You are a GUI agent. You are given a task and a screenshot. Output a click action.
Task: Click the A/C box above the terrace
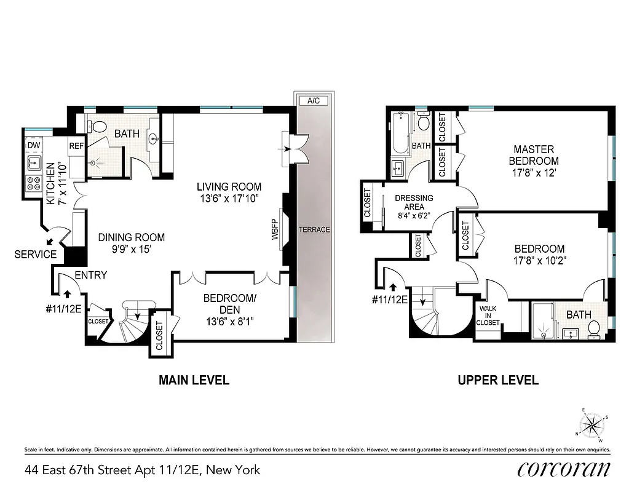click(313, 100)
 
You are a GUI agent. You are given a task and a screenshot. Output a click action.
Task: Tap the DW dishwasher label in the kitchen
click(34, 146)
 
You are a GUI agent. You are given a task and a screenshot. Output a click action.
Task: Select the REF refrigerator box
click(76, 146)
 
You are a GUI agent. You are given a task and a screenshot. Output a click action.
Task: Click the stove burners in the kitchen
click(33, 183)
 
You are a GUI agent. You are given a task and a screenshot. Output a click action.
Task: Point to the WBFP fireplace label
click(275, 229)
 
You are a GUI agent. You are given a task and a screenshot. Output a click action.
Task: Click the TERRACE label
click(314, 229)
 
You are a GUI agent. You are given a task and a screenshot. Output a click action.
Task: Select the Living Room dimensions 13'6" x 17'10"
click(229, 198)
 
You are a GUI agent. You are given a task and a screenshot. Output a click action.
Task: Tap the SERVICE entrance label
click(35, 254)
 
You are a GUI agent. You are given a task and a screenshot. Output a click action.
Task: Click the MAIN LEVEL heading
click(194, 380)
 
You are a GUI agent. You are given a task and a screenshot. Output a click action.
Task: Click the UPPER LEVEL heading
click(498, 380)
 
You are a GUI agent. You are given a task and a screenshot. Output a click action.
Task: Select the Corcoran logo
click(564, 469)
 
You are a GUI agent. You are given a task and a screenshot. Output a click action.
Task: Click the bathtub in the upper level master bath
click(398, 133)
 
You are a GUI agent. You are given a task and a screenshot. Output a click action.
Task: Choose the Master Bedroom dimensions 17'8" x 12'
click(534, 173)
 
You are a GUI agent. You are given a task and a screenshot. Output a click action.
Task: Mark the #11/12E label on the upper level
click(390, 300)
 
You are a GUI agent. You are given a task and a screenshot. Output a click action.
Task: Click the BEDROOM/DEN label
click(229, 303)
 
